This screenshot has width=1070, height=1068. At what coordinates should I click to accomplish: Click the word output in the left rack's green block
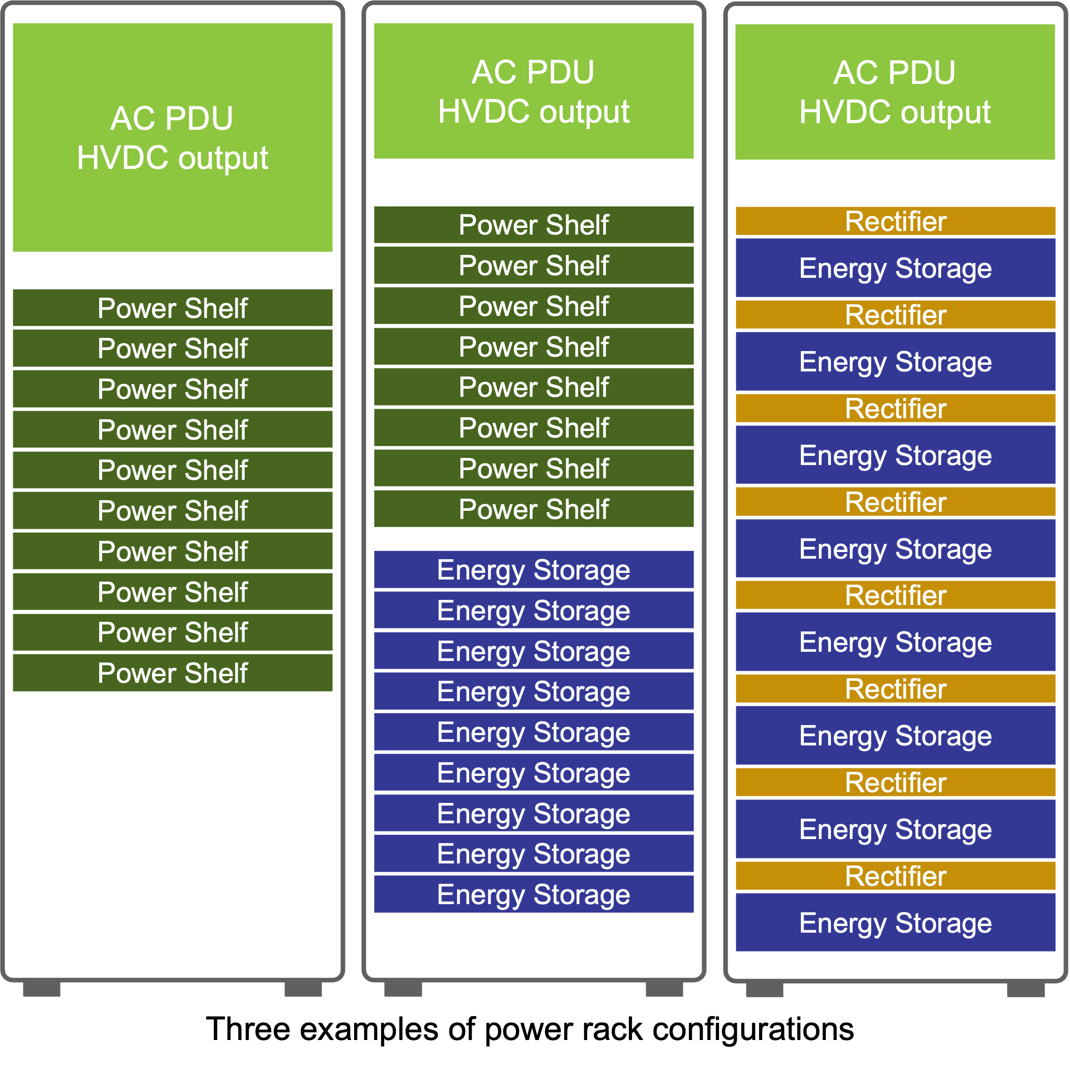pyautogui.click(x=223, y=158)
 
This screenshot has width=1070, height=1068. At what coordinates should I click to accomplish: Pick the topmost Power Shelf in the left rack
pyautogui.click(x=172, y=308)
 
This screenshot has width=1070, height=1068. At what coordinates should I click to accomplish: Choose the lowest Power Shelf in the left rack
pyautogui.click(x=172, y=673)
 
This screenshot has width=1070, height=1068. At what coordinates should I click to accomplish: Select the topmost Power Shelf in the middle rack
pyautogui.click(x=533, y=225)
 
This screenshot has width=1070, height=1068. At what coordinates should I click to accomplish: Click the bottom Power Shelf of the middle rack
pyautogui.click(x=533, y=508)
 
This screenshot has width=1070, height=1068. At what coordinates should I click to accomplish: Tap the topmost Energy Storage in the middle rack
pyautogui.click(x=533, y=569)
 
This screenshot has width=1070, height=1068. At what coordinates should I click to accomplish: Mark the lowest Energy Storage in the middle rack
pyautogui.click(x=533, y=894)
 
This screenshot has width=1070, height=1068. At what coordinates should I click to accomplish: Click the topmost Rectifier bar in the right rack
pyautogui.click(x=895, y=221)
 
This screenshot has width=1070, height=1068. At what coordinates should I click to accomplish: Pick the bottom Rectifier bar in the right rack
pyautogui.click(x=895, y=876)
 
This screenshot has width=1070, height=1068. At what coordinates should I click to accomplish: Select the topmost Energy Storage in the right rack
pyautogui.click(x=895, y=268)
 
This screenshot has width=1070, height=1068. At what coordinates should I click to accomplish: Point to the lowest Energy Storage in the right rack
pyautogui.click(x=895, y=922)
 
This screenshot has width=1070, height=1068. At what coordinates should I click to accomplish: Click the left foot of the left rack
pyautogui.click(x=42, y=989)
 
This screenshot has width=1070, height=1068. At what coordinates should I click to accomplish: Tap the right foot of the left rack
pyautogui.click(x=303, y=989)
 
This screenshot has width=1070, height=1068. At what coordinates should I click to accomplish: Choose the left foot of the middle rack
pyautogui.click(x=402, y=989)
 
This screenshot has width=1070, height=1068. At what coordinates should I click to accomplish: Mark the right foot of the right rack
pyautogui.click(x=1025, y=989)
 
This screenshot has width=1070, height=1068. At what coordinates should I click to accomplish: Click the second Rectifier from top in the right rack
pyautogui.click(x=895, y=314)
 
